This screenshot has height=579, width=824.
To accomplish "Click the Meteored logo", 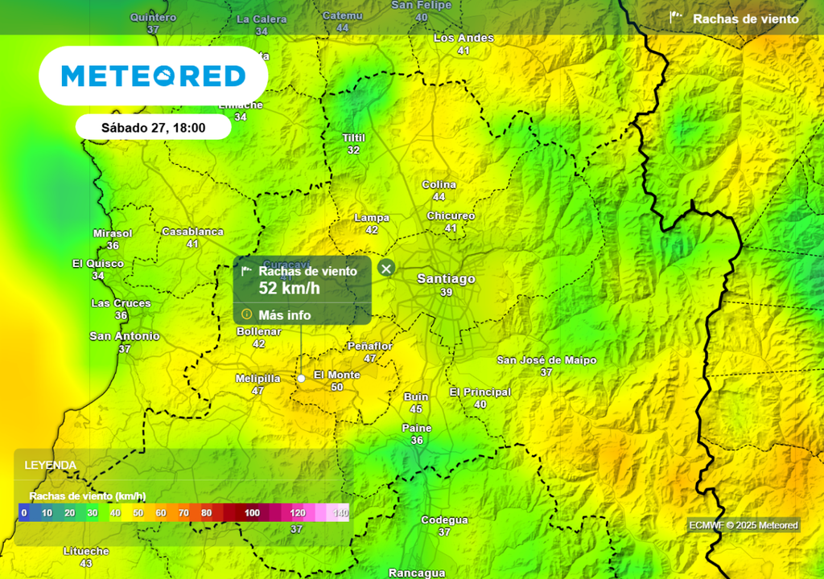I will pos(153,76).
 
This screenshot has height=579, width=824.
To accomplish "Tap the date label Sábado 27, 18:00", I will pos(153,127).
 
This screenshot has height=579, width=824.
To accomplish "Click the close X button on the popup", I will pos(386,269).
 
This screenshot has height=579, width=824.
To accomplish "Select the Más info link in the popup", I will pos(284,315).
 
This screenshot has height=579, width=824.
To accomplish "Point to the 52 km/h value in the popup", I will pos(289,289).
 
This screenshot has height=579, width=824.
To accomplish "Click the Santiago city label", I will pos(446,278).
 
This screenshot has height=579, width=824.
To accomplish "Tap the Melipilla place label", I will pos(257,378).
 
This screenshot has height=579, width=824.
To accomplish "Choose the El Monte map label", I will pos(336,375).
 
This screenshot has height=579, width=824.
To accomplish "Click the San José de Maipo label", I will pos(546,360).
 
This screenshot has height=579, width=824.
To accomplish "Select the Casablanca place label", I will pos(192,232).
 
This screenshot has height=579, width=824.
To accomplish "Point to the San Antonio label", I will pos(124,336).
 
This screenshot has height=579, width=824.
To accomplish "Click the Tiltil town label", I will pos(353,138).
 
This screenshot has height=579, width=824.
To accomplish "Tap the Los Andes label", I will pos(463,38).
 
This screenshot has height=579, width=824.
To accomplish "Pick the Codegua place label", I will pos(444,520).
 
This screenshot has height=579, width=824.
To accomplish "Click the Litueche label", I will pos(86,552).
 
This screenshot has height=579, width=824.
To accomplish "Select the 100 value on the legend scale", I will pos(253,513).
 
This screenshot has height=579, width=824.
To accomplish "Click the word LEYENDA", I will pos(51,465).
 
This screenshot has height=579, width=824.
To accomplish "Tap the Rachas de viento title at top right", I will pos(745,19).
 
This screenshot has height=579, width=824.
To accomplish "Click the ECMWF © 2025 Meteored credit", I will pos(744,525).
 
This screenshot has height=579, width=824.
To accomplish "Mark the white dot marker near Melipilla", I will pos(301,378).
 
